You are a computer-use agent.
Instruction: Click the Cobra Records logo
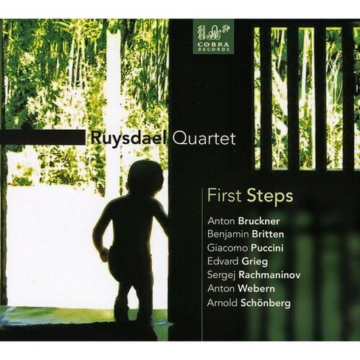[x=216, y=34]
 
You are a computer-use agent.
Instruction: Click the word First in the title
[x=218, y=198]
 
